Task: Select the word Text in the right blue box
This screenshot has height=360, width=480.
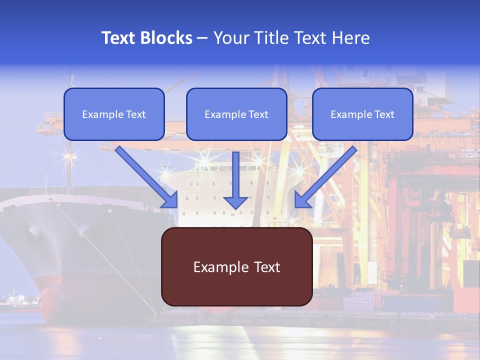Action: tap(384, 114)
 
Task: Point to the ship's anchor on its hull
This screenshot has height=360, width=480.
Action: tap(34, 231)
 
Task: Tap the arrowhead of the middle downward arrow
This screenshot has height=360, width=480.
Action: tap(236, 202)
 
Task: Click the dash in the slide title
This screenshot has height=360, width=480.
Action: tap(202, 38)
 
